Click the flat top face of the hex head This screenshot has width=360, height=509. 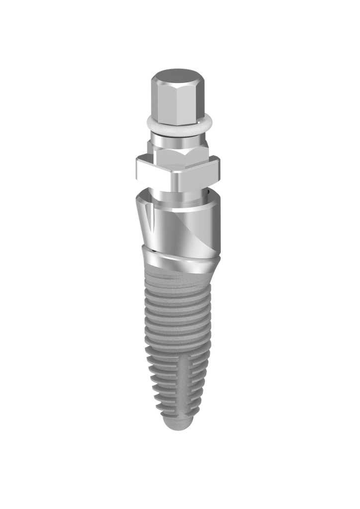point(178,77)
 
